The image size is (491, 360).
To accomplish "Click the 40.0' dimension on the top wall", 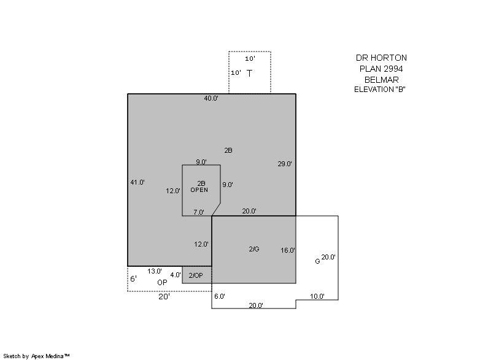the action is (211, 98).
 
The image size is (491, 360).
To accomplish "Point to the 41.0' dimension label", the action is (137, 182).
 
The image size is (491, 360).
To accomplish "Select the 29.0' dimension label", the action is (285, 164).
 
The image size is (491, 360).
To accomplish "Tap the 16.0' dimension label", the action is (288, 250).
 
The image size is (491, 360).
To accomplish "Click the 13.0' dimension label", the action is (155, 271).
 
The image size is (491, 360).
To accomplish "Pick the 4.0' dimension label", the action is (176, 275).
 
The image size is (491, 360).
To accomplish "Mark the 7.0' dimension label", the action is (199, 212).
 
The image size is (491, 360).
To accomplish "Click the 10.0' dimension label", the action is (317, 296).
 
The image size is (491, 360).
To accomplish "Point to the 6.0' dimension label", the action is (220, 296).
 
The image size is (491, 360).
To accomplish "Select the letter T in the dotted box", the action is (249, 73).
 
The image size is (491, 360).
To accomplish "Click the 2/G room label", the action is (254, 249).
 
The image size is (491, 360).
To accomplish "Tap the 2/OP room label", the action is (196, 275).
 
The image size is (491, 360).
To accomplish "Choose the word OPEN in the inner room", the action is (199, 190).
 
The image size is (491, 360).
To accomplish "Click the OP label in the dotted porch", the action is (162, 283).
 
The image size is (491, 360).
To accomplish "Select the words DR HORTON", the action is (381, 58).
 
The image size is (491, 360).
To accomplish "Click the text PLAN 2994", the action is (381, 69).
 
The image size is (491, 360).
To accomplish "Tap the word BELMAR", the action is (381, 80).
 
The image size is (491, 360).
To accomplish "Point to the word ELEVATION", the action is (374, 90).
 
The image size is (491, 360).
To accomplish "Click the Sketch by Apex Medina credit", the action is (36, 356).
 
